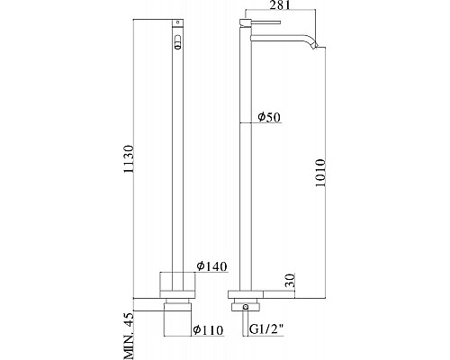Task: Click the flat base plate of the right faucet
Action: coord(247,293)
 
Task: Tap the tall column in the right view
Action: coord(243,162)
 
